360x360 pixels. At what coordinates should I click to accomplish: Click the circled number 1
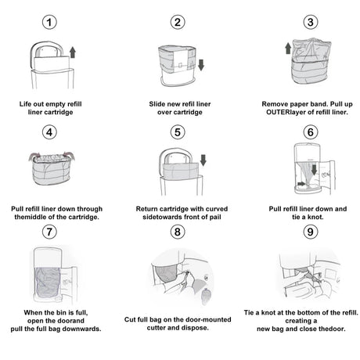coord(49,22)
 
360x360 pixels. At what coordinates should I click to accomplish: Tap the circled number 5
coord(178,132)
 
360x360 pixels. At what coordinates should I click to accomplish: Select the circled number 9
coord(311,232)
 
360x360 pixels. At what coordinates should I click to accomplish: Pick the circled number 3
coord(311,22)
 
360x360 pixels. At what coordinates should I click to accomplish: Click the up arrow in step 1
coord(73,52)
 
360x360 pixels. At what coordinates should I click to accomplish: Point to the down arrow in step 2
coord(201,65)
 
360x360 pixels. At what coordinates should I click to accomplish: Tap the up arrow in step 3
coord(288,49)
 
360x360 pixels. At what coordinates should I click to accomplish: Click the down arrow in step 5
coord(203,160)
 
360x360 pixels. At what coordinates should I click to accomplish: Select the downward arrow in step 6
coord(315,170)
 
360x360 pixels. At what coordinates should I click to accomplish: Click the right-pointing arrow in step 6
coord(301,184)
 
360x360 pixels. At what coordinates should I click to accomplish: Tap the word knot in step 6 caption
coord(315,217)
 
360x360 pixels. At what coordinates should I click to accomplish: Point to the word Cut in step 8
coord(130,319)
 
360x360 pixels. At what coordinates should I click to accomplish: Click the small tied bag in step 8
coord(206,296)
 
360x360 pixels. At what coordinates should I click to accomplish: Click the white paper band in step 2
coord(180,62)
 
